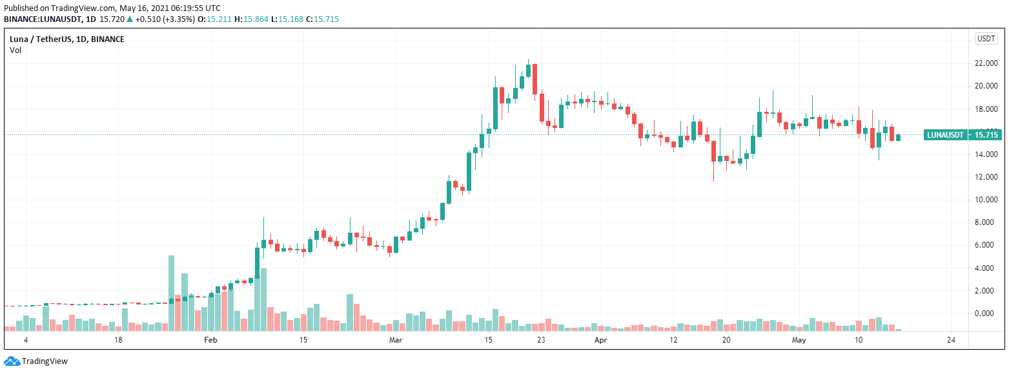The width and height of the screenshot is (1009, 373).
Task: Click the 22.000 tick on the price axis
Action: [x=986, y=63]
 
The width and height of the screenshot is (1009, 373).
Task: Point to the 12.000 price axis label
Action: [x=986, y=177]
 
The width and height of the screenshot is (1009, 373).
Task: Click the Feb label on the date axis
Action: [x=211, y=339]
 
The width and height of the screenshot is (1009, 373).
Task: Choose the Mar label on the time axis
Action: [x=396, y=339]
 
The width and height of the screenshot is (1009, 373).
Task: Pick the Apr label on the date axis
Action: [x=601, y=339]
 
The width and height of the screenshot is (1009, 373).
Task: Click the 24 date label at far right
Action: [x=950, y=339]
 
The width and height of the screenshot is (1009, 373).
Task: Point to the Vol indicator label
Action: [x=15, y=50]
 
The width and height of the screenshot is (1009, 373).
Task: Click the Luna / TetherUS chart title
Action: [x=67, y=39]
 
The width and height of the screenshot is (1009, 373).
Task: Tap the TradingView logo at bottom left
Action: [x=36, y=361]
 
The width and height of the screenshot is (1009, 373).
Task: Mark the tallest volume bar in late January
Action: [x=171, y=293]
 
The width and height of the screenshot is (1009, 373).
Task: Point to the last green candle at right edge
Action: [x=898, y=136]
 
